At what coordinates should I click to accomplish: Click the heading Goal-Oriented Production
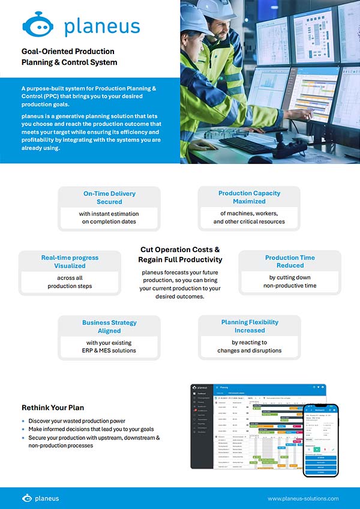pos(68,51)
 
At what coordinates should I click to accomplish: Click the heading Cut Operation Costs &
pos(180,249)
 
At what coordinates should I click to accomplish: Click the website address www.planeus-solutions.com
pos(303,498)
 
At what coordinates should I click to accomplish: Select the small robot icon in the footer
pos(27,498)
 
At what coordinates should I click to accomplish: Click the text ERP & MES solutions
pos(109,351)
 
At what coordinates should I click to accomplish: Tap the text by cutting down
pos(290,277)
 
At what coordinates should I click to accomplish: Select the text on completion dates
pos(109,221)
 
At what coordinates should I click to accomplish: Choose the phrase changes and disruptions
pos(249,351)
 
